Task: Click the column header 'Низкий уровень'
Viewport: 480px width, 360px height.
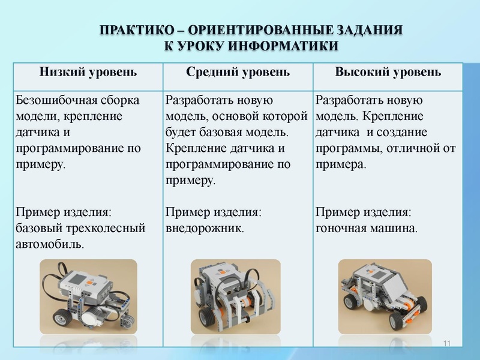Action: point(88,73)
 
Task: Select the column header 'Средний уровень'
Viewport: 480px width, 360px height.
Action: point(238,73)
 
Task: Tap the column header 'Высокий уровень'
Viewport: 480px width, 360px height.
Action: point(388,73)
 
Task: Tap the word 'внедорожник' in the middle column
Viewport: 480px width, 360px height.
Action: point(204,228)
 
